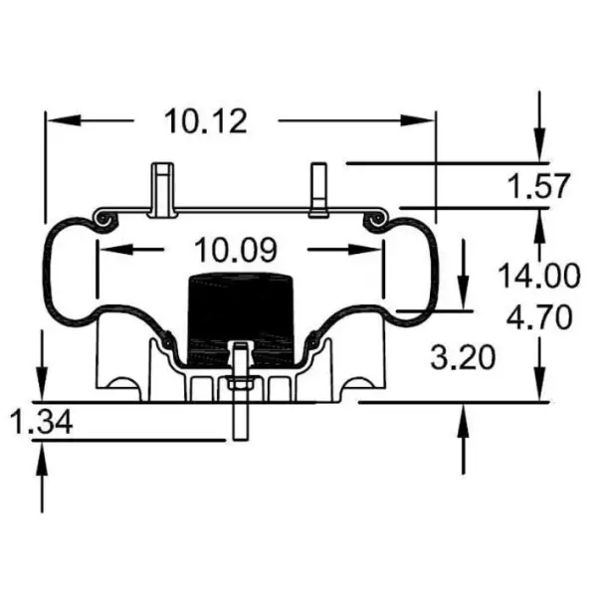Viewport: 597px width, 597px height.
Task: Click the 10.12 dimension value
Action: coord(206,120)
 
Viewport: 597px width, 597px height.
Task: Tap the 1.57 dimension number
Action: coord(537,186)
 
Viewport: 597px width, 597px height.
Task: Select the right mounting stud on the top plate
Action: coord(317,190)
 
